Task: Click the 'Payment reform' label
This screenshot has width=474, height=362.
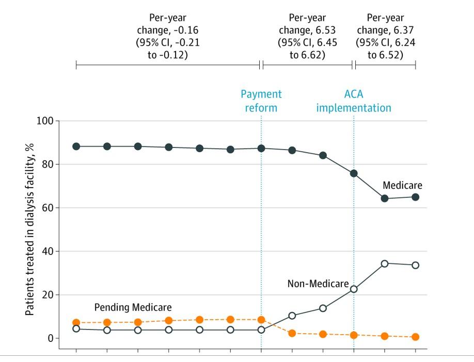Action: [x=261, y=101]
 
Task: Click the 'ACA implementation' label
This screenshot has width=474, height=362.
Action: [x=354, y=101]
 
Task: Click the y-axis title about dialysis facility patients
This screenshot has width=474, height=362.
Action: [x=30, y=229]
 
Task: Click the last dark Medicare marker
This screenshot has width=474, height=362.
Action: [x=415, y=197]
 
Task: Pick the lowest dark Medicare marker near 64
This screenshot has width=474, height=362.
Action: [x=385, y=199]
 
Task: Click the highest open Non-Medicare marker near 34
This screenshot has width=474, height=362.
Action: [x=385, y=264]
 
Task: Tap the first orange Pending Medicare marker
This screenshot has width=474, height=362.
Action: [x=76, y=323]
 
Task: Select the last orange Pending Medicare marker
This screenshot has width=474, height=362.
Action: [x=415, y=337]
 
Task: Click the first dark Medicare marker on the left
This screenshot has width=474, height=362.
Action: [x=76, y=146]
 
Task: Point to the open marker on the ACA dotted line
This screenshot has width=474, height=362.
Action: [x=354, y=289]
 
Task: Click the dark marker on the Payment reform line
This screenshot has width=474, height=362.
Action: [x=261, y=149]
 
